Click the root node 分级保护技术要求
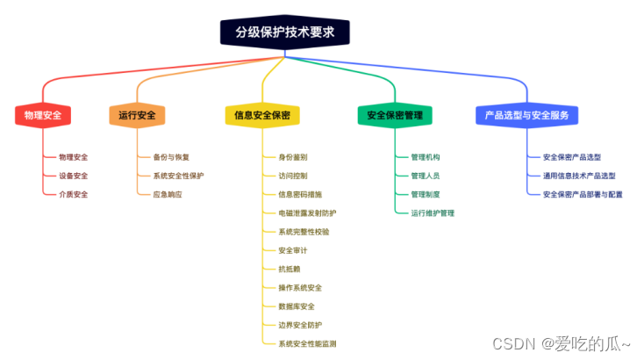click(286, 33)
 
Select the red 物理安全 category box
click(42, 115)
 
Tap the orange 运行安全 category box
click(137, 115)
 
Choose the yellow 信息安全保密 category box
click(262, 115)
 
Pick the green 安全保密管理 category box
click(395, 115)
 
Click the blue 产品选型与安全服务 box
click(527, 115)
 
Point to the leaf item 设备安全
click(73, 176)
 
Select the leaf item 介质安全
click(73, 194)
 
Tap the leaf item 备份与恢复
click(170, 157)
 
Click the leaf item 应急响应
click(167, 194)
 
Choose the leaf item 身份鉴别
click(292, 157)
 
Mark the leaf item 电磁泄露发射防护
click(306, 213)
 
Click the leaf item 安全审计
click(292, 250)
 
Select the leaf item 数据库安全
click(296, 306)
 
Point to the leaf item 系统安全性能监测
click(306, 343)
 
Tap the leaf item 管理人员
click(425, 176)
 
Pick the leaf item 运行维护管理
click(432, 212)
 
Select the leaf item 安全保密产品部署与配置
click(583, 194)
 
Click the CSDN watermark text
click(562, 344)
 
